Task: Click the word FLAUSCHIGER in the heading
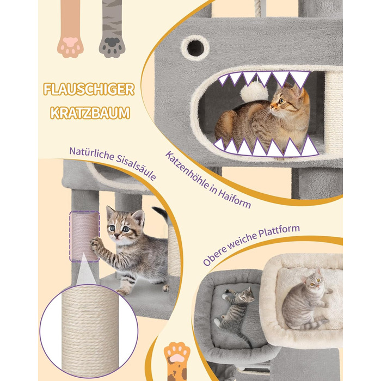89,89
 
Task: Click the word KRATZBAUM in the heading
90,113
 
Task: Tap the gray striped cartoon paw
112,29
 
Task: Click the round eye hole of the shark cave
195,48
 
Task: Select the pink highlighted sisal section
84,236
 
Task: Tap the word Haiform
234,198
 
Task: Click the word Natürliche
91,153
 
